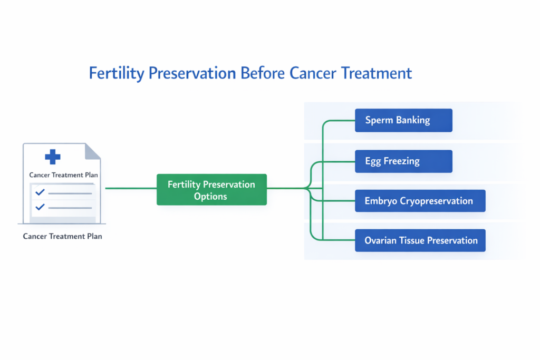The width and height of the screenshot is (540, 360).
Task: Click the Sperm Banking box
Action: [403, 120]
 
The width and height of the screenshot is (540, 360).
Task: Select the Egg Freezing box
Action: [403, 161]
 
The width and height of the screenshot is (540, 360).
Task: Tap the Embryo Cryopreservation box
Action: [420, 201]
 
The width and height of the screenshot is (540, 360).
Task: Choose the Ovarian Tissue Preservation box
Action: [420, 240]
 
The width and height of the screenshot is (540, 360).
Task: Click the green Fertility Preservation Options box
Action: [211, 190]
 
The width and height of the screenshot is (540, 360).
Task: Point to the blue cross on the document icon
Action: [52, 157]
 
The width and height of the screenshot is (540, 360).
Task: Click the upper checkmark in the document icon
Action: [40, 193]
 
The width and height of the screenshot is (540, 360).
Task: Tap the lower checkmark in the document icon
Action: [40, 207]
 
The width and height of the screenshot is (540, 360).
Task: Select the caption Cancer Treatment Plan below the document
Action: [62, 236]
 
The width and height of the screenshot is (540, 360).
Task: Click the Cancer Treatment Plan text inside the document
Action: [63, 175]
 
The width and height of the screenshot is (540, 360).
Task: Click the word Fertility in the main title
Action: [117, 73]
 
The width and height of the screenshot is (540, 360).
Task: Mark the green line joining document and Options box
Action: [131, 188]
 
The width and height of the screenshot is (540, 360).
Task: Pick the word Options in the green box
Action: [210, 197]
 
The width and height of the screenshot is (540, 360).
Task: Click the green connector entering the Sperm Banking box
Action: [340, 120]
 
